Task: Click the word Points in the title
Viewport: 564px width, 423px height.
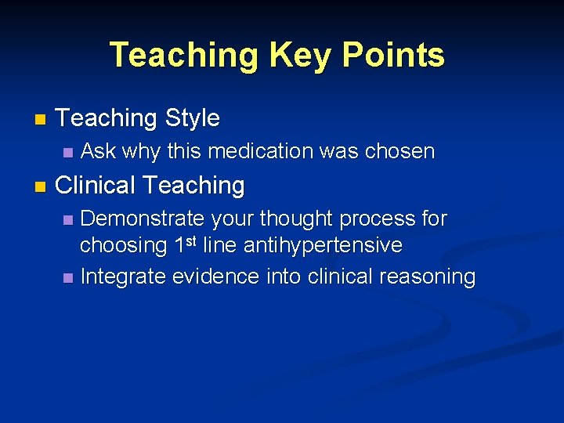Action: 399,56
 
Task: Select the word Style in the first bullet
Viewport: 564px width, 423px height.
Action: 193,119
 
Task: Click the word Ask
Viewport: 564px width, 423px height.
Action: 99,151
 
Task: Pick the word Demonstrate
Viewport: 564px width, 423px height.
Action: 143,219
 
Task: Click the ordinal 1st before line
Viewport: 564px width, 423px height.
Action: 182,244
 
